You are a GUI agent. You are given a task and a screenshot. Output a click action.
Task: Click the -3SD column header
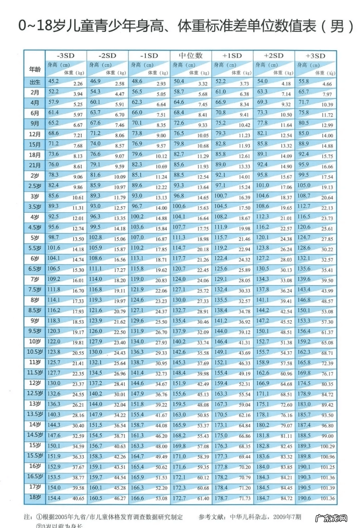click(65, 56)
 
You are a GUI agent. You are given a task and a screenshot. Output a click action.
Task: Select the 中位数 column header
click(191, 56)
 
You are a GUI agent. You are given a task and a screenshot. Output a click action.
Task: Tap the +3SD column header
click(315, 56)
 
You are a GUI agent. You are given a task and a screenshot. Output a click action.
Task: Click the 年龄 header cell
click(35, 69)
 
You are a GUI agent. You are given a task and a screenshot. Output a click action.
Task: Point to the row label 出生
click(35, 82)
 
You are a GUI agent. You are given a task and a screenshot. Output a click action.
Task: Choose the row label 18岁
click(35, 497)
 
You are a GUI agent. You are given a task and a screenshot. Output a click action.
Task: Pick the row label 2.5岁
click(35, 186)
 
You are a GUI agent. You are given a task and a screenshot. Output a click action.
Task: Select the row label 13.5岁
click(35, 414)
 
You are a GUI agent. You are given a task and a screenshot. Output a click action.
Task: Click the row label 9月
click(35, 123)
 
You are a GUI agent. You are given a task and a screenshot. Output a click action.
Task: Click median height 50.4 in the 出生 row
click(179, 81)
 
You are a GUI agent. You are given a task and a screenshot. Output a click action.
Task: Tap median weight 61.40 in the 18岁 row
click(203, 499)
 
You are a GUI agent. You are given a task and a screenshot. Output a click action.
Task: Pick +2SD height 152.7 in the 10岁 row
click(262, 341)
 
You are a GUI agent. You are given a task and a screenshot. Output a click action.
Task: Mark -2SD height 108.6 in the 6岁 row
click(95, 258)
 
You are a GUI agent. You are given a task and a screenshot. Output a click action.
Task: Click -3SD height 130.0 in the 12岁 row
click(54, 383)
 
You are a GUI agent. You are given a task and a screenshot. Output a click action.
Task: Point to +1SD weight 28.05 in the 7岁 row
click(244, 280)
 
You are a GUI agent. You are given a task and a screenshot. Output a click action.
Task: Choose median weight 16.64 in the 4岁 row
click(203, 219)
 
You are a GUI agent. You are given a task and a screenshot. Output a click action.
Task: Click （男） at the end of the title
click(337, 26)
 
